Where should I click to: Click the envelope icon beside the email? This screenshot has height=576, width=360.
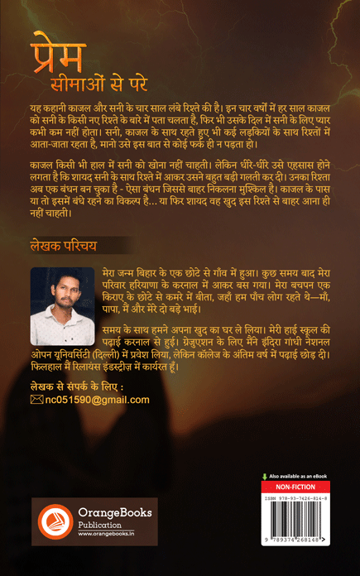(x=36, y=400)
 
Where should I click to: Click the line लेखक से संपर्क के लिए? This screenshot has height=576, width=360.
(x=75, y=386)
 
